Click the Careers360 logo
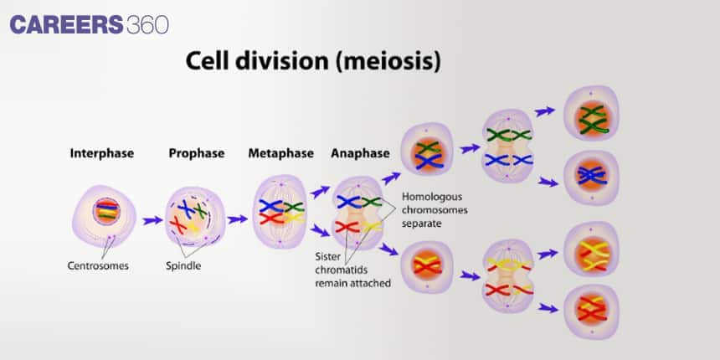click(90, 24)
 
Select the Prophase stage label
click(197, 153)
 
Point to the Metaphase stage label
click(280, 153)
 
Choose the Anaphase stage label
click(360, 153)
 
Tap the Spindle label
click(183, 266)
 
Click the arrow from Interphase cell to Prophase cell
click(152, 221)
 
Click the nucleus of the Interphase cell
click(106, 210)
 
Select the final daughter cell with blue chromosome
click(592, 174)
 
